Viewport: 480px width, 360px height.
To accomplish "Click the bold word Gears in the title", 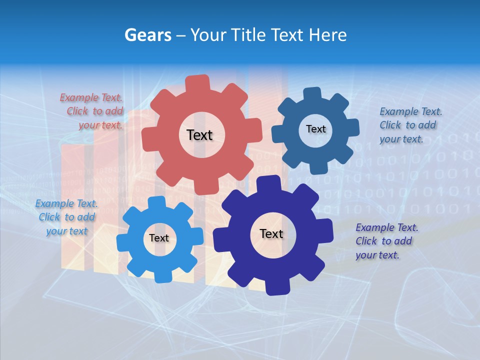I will click(148, 35).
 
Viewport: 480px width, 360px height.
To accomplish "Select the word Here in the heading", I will click(327, 35).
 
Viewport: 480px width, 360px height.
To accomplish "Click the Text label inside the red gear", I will click(199, 135).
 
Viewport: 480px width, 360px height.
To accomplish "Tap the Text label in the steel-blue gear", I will click(315, 129).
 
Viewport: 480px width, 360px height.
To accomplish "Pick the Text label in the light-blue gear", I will click(159, 238).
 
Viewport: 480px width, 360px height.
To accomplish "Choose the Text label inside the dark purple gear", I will click(271, 234).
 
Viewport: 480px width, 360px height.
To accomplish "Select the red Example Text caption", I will click(91, 111).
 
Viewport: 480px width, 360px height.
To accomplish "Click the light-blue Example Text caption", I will click(66, 217).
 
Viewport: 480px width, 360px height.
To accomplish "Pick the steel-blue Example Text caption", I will click(410, 125).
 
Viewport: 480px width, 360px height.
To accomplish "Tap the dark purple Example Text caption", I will click(386, 241).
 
